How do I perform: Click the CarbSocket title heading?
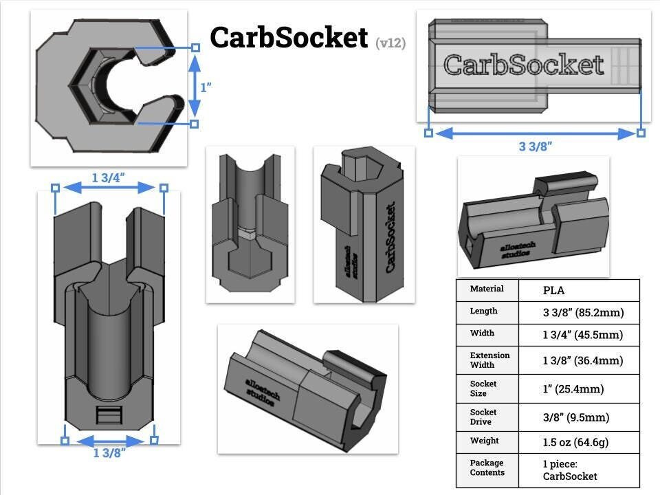[289, 38]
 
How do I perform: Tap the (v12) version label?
[390, 43]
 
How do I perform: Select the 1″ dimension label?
[205, 87]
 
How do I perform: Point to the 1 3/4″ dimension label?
[109, 177]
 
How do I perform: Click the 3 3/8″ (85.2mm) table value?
[583, 313]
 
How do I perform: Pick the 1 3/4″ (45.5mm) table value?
[583, 335]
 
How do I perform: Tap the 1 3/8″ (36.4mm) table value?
[583, 360]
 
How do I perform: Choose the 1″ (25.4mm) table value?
[573, 389]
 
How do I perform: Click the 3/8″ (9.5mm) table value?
[575, 417]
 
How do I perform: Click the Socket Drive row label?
[483, 417]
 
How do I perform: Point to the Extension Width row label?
[489, 360]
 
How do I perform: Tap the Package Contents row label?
[487, 467]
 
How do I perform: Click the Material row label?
[487, 289]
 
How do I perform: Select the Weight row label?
[484, 440]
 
